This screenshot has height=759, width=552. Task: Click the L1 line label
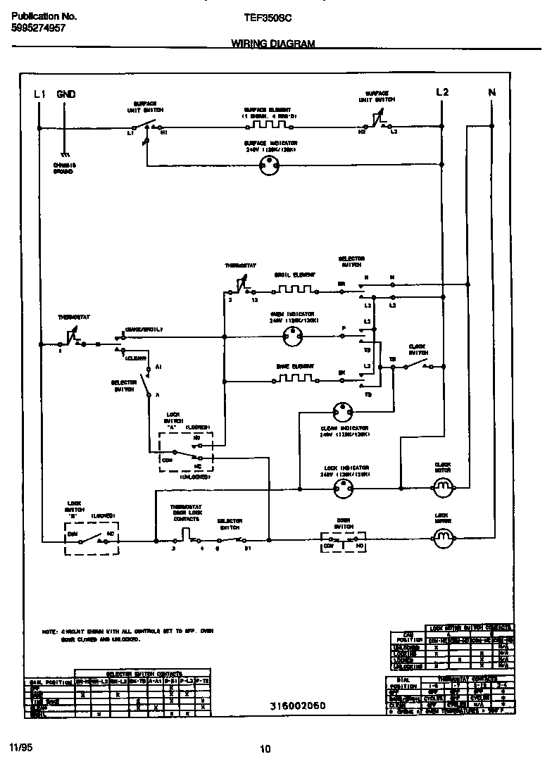pyautogui.click(x=39, y=94)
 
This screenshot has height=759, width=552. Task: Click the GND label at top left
pyautogui.click(x=66, y=94)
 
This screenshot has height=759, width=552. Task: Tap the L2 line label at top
pyautogui.click(x=441, y=92)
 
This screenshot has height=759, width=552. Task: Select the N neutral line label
pyautogui.click(x=491, y=92)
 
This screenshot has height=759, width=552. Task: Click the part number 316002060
pyautogui.click(x=298, y=705)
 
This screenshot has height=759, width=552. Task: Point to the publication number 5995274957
pyautogui.click(x=39, y=28)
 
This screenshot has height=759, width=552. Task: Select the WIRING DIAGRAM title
pyautogui.click(x=272, y=44)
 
